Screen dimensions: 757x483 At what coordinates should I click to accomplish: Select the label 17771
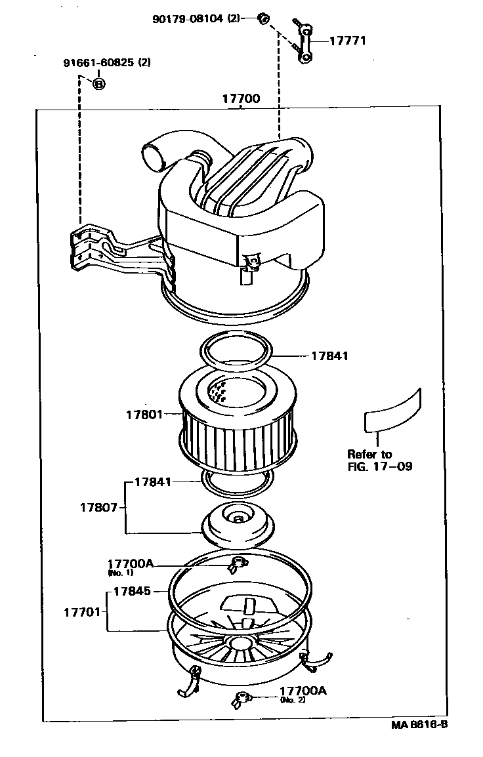point(347,41)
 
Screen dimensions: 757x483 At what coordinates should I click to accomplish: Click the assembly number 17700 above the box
point(241,99)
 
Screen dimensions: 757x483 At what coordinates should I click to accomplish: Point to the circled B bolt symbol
point(98,83)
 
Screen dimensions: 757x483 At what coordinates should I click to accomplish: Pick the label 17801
point(144,414)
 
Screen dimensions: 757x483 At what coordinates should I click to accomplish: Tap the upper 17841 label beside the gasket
point(329,356)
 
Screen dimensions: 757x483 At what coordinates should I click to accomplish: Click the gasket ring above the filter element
point(237,348)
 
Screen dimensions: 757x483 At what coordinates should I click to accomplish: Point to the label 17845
point(132,590)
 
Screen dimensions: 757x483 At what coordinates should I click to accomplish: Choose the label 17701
point(82,611)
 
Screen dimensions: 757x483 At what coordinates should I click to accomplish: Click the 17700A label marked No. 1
point(130,563)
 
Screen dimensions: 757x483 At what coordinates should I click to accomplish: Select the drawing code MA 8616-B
point(420,724)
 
